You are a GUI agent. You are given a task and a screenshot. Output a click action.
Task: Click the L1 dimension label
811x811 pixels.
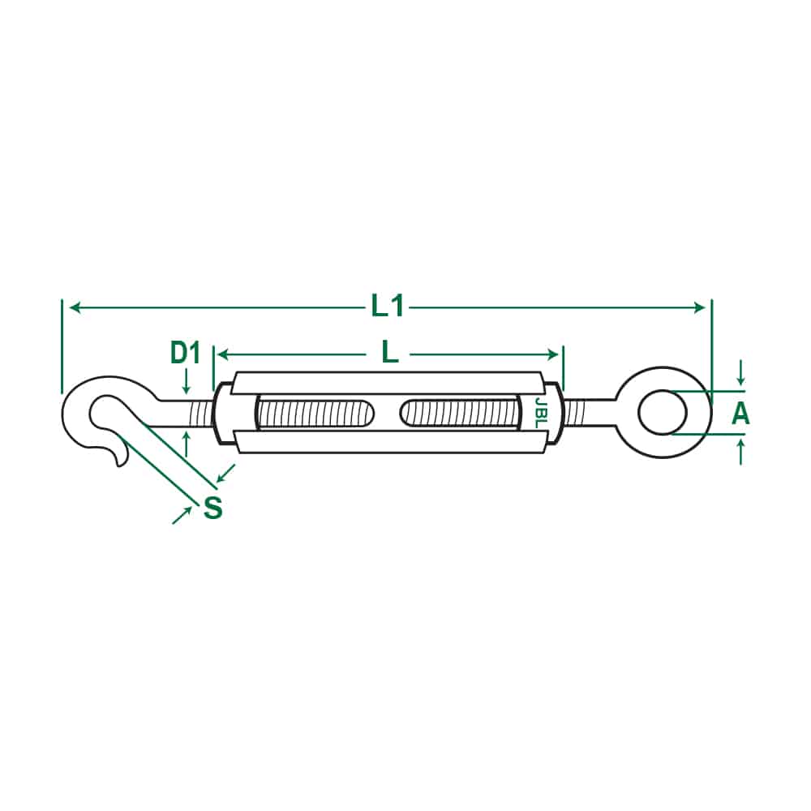point(388,307)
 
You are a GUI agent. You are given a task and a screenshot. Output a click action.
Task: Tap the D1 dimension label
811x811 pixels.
point(185,354)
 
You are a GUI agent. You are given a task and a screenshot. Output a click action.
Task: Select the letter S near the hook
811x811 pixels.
point(212,508)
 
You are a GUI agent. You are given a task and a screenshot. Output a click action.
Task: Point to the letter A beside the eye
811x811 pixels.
point(740,414)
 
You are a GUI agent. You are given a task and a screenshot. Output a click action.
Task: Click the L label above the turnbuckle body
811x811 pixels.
point(390,354)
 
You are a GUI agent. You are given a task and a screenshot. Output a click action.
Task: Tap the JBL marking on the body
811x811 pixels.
point(540,412)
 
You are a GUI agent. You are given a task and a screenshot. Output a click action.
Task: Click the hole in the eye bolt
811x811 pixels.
point(663,413)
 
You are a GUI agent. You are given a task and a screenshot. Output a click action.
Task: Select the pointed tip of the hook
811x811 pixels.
point(120,466)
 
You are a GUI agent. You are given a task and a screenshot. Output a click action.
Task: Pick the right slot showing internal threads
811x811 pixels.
point(460,413)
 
